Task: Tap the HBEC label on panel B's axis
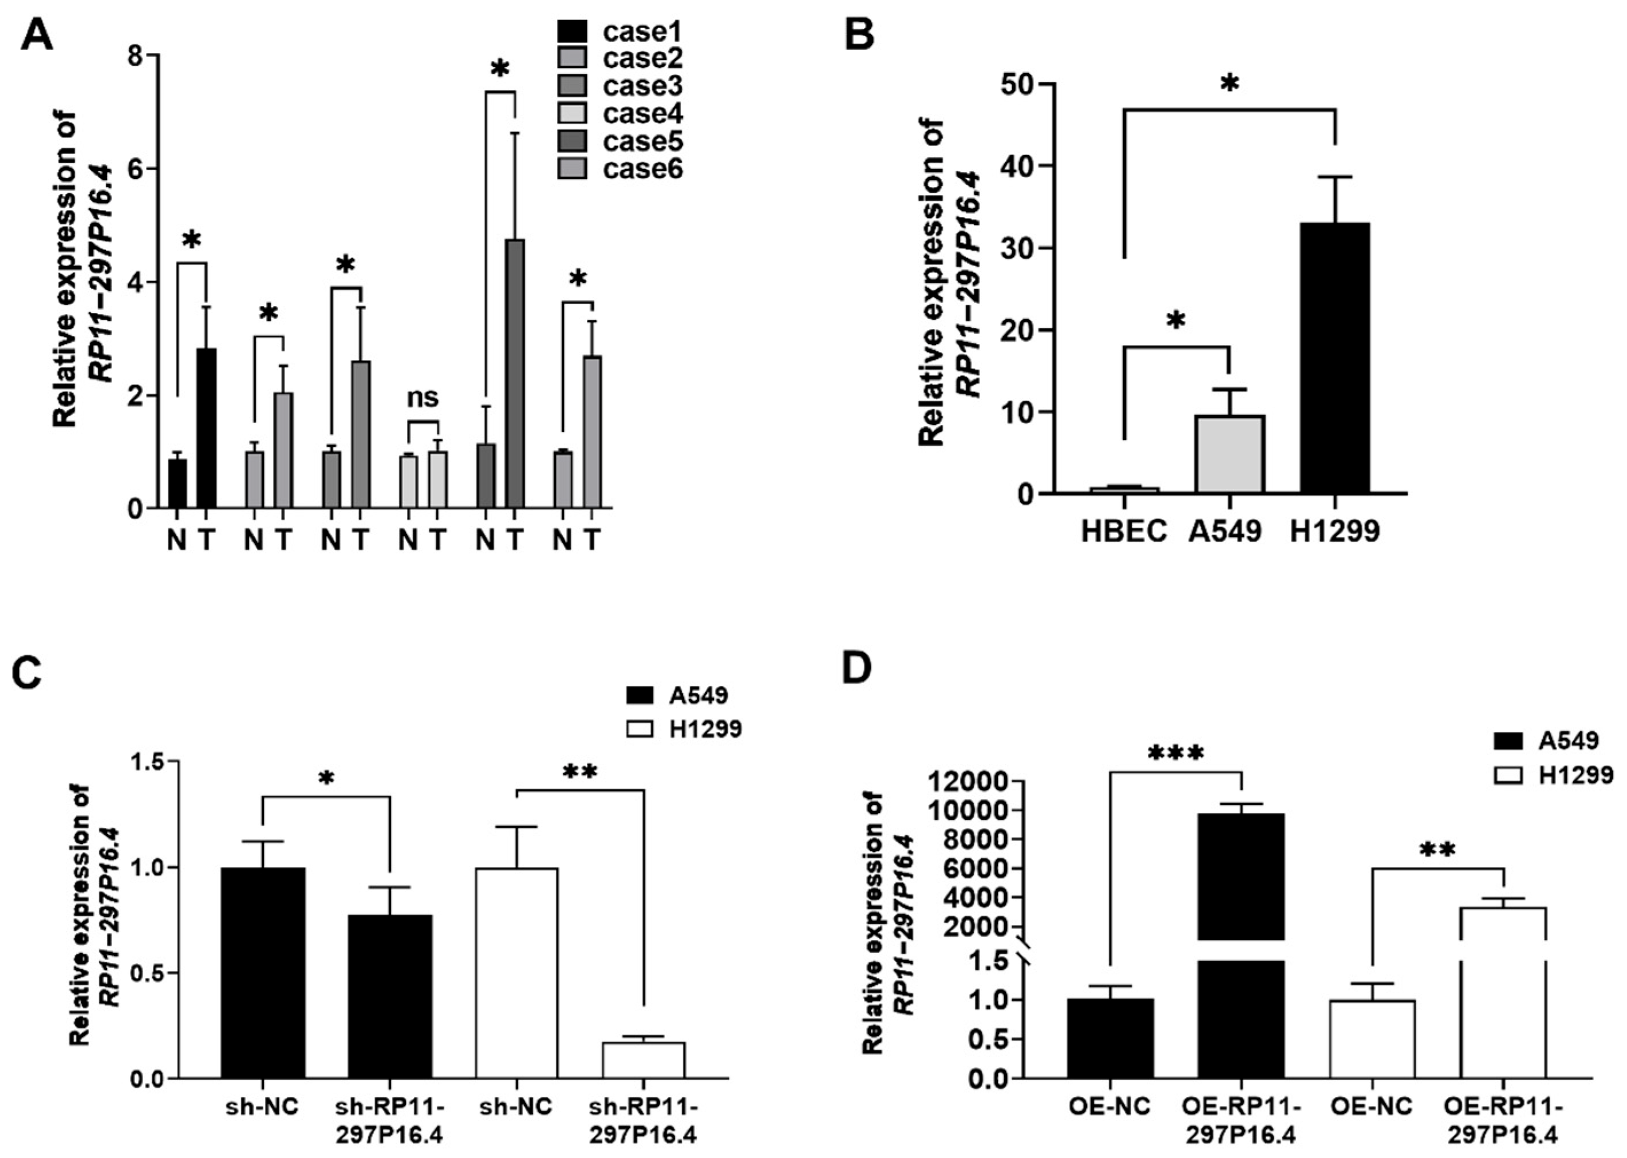coord(1123,530)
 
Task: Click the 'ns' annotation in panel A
coord(422,397)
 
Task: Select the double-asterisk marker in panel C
coord(579,772)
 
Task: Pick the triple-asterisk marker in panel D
coord(1175,754)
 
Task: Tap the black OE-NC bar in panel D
coord(1111,1037)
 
